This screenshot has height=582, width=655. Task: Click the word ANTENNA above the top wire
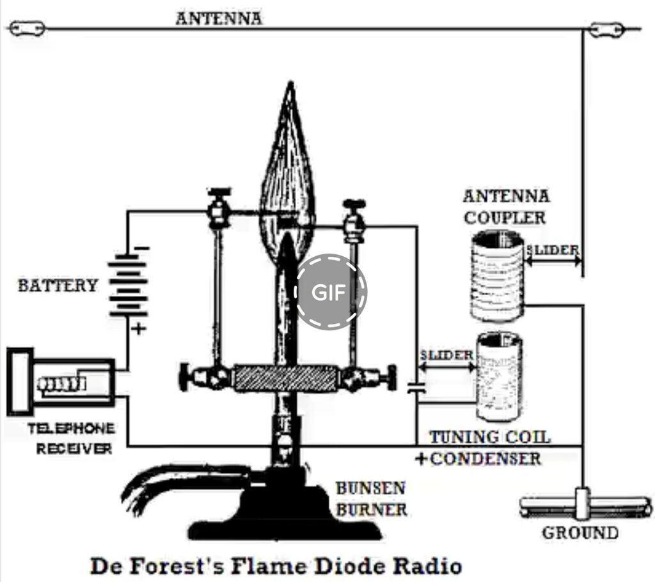[219, 18]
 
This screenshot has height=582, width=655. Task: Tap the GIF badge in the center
[330, 292]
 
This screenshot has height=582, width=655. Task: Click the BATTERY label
[58, 285]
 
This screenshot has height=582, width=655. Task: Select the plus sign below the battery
[139, 330]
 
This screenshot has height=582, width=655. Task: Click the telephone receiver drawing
[61, 383]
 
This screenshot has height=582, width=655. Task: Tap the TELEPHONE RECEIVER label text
[71, 438]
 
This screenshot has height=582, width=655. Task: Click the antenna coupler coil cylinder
[497, 275]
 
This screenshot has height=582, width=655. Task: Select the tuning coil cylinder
[499, 376]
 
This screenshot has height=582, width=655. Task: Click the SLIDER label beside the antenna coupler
[553, 249]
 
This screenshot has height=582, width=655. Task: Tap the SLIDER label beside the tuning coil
[446, 355]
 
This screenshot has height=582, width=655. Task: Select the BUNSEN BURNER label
[371, 499]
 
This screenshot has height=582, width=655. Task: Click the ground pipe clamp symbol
[582, 504]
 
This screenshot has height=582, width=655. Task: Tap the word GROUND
[580, 533]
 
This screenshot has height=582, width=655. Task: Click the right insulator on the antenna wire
[607, 29]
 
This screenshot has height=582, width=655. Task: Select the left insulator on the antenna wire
[27, 29]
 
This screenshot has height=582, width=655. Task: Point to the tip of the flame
[290, 84]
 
